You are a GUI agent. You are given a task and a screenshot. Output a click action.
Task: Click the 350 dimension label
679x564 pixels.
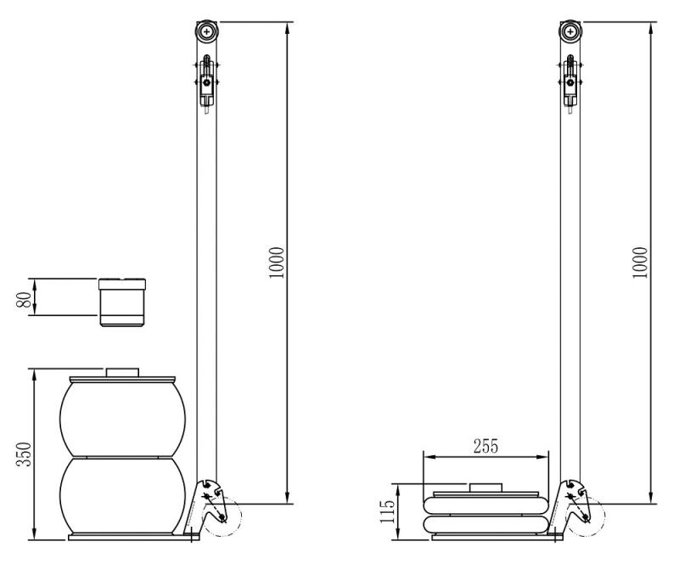click(x=25, y=454)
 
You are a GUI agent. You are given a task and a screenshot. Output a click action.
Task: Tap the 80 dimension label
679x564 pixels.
click(x=25, y=300)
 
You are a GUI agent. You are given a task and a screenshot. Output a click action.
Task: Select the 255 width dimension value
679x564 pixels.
click(x=485, y=446)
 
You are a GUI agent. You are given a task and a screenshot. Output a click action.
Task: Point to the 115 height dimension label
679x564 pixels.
click(x=388, y=511)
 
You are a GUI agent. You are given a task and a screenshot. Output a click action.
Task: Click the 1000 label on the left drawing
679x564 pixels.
click(x=276, y=262)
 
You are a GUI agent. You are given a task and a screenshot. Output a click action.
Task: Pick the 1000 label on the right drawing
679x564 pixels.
click(x=640, y=262)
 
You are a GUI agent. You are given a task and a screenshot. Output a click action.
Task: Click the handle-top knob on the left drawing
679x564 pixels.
click(x=207, y=31)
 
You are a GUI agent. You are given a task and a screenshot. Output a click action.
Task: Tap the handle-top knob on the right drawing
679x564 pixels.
click(x=570, y=31)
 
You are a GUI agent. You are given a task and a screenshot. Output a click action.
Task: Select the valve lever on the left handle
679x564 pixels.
click(x=207, y=83)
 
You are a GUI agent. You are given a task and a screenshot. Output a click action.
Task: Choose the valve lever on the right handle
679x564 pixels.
click(x=570, y=83)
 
